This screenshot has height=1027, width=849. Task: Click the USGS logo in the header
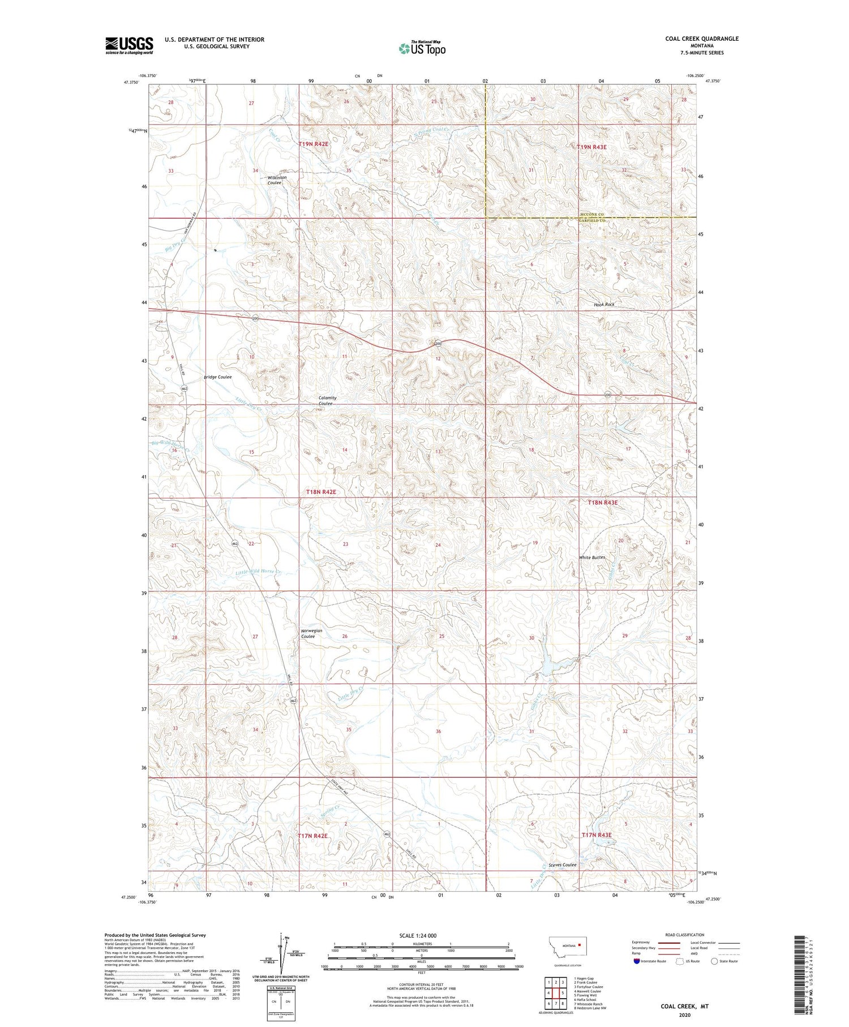pyautogui.click(x=129, y=45)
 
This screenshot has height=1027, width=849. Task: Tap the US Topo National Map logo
pyautogui.click(x=422, y=48)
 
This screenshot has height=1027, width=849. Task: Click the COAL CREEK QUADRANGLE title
pyautogui.click(x=702, y=39)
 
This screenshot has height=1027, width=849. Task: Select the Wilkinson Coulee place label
pyautogui.click(x=277, y=180)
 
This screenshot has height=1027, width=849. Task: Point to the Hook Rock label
pyautogui.click(x=604, y=304)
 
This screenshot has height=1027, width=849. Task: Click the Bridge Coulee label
pyautogui.click(x=218, y=377)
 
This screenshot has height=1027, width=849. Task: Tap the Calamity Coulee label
pyautogui.click(x=327, y=400)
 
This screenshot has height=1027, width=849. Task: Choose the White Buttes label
pyautogui.click(x=592, y=557)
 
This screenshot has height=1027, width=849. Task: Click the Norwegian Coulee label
pyautogui.click(x=311, y=633)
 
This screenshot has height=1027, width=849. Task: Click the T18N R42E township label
pyautogui.click(x=317, y=492)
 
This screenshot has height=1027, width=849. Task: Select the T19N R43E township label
pyautogui.click(x=591, y=147)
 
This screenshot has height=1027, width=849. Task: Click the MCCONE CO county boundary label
pyautogui.click(x=592, y=214)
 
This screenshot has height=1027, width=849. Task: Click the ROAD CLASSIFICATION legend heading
pyautogui.click(x=684, y=935)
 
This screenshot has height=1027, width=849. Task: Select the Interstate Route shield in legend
pyautogui.click(x=637, y=961)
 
